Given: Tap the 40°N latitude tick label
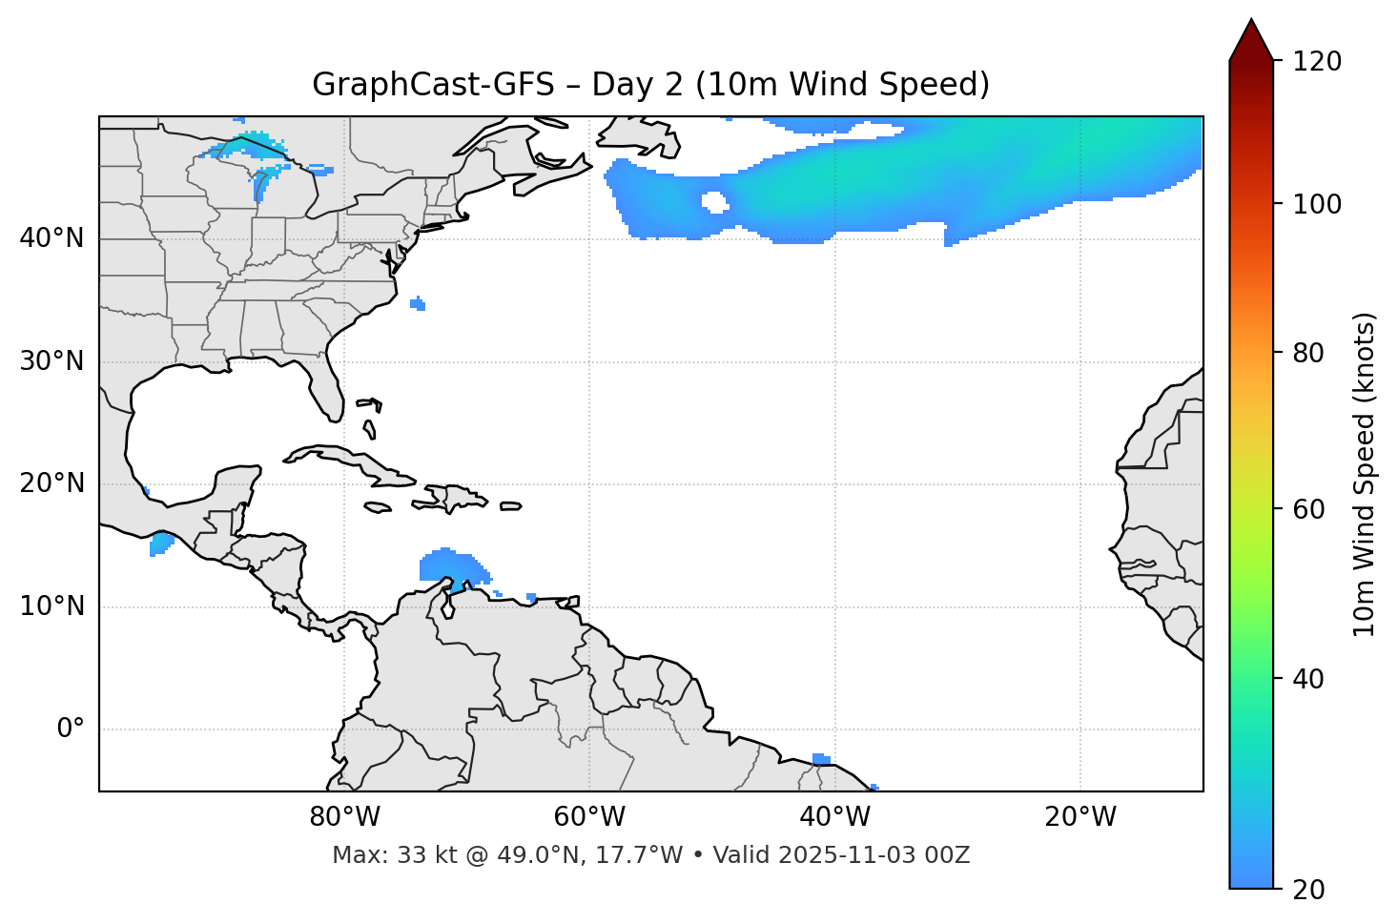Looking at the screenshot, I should [x=51, y=238].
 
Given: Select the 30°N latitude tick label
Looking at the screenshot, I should [x=51, y=361].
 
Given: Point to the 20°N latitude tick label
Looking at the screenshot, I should [x=51, y=483].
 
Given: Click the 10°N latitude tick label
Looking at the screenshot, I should [x=51, y=606].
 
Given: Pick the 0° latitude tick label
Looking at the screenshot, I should [x=70, y=729].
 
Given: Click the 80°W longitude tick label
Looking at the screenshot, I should [x=344, y=817].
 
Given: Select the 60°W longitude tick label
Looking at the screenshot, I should [x=589, y=817].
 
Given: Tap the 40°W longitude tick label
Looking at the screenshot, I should [x=834, y=817].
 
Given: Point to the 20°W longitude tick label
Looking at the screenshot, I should [x=1079, y=817].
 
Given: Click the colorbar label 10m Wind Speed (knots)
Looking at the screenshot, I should [x=1365, y=474].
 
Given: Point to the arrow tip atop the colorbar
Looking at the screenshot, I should [x=1251, y=21].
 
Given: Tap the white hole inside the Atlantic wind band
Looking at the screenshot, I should [x=714, y=201].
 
